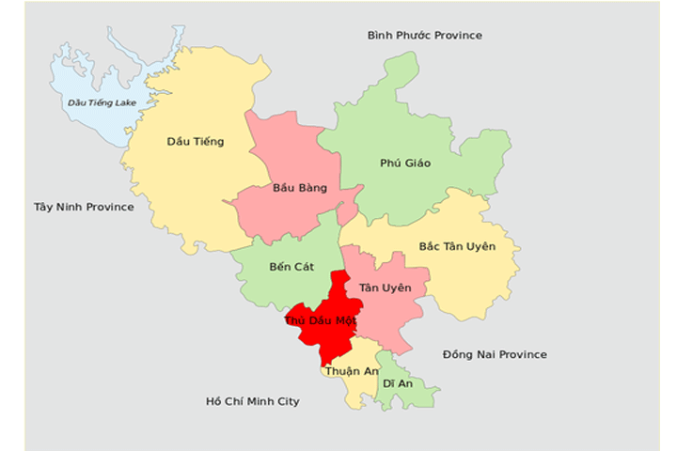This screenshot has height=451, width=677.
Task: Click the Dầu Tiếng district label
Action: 195,142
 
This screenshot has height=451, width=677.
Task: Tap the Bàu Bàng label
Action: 299,188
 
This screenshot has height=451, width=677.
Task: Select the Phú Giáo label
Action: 405,163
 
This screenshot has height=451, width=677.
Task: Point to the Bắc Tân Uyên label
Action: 456,246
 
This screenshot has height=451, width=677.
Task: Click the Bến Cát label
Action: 291,267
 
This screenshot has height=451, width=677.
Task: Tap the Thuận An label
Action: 346,371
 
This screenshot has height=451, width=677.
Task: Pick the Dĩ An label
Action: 396,383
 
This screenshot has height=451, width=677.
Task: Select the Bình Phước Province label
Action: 424,36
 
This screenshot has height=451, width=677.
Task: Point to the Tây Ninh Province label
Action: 84,207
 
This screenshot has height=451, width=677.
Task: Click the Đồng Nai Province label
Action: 495,354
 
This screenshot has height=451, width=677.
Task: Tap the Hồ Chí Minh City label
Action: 252,401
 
